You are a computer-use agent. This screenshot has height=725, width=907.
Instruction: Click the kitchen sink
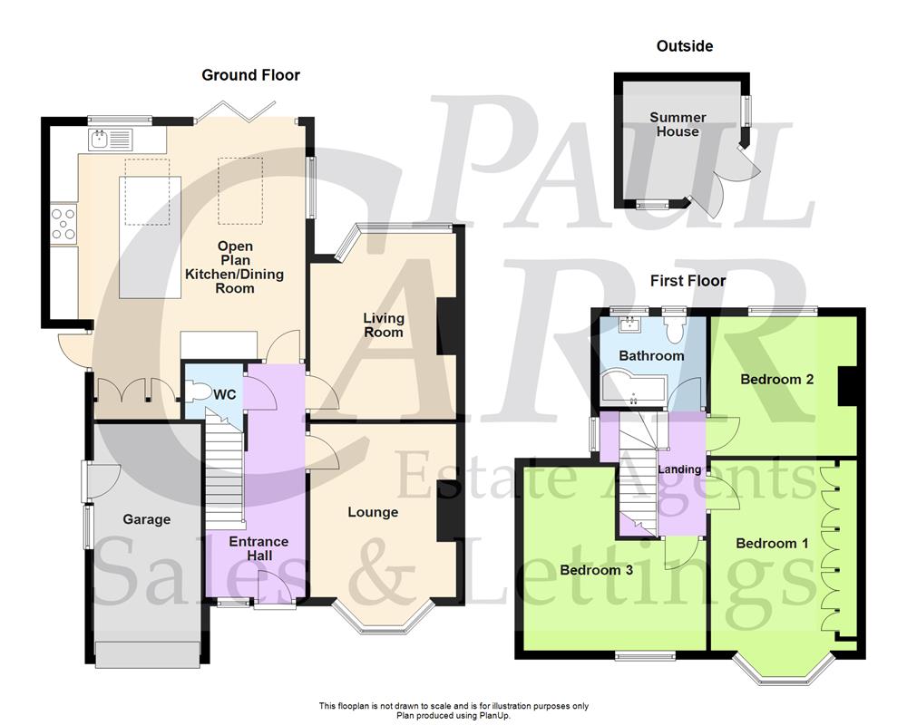[x=110, y=139]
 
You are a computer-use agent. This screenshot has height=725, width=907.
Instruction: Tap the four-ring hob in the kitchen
[x=63, y=223]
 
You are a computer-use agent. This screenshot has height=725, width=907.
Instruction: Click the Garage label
[x=146, y=519]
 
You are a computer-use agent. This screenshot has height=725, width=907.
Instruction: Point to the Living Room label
[x=384, y=325]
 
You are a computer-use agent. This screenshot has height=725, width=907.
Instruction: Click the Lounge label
[x=373, y=512]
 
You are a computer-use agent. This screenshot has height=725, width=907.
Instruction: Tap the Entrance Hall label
[x=258, y=548]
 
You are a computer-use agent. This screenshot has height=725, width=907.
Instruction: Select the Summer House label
[x=678, y=124]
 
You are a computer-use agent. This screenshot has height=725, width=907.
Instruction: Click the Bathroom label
[x=650, y=355]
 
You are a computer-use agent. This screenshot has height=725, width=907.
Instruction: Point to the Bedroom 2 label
[x=776, y=379]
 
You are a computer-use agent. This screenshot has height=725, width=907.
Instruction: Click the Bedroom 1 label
[x=772, y=543]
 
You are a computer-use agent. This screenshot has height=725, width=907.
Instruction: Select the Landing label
[x=679, y=469]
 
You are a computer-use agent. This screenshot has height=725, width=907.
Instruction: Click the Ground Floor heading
[x=250, y=75]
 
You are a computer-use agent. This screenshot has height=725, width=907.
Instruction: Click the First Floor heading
[x=688, y=281]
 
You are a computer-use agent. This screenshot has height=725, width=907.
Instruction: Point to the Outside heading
[x=685, y=46]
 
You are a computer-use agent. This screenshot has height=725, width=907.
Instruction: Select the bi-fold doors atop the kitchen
[x=234, y=111]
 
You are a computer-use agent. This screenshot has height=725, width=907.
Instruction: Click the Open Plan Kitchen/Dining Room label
[x=234, y=267]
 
